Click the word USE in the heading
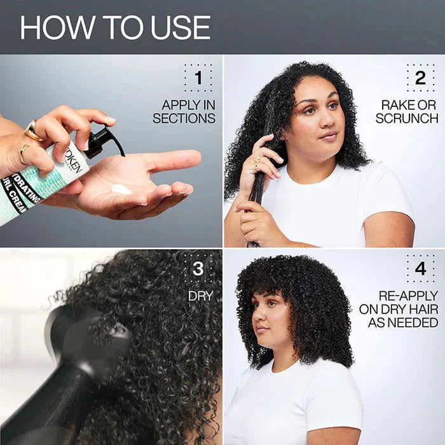tap(180, 28)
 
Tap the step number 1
tap(198, 78)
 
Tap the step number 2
tap(420, 78)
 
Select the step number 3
tap(198, 269)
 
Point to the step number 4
tap(420, 269)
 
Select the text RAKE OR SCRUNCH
tap(406, 112)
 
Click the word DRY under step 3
tap(200, 296)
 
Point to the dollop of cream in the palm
tap(121, 189)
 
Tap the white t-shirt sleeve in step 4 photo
tap(344, 407)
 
